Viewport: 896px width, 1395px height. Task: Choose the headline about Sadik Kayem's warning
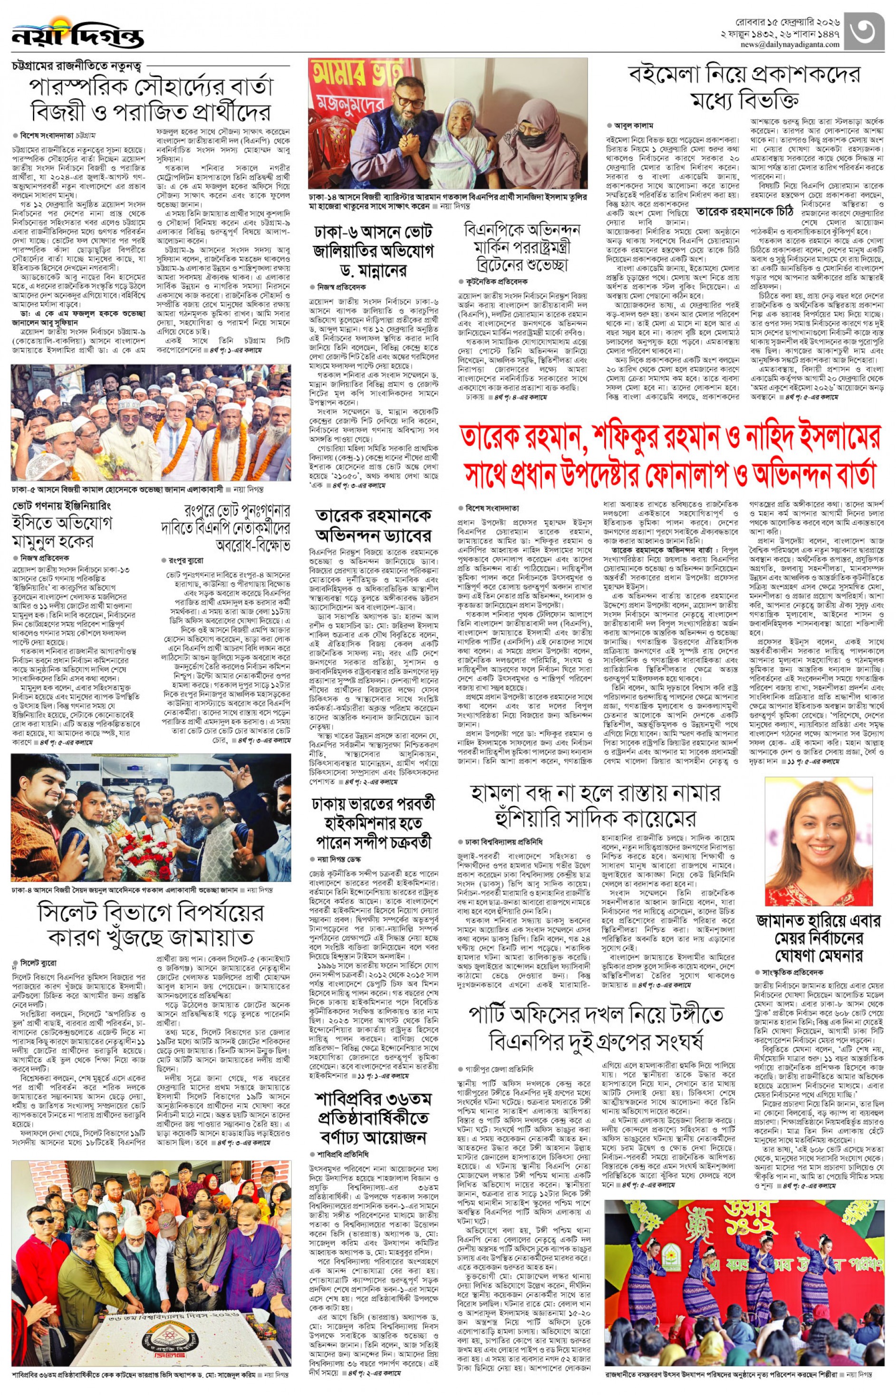[595, 805]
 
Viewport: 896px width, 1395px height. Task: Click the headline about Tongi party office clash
[596, 1029]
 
